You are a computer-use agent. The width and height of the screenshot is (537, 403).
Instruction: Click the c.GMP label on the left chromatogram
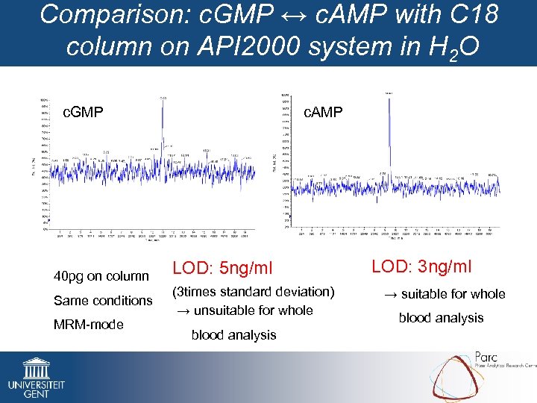coord(83,113)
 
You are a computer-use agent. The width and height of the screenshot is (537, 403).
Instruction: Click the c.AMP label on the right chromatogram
coord(322,112)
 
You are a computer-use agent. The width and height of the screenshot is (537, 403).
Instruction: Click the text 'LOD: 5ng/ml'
coord(223,267)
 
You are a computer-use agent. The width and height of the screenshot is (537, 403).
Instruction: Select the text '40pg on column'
coord(101,276)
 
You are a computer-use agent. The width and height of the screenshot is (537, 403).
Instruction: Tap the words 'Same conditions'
coord(103,301)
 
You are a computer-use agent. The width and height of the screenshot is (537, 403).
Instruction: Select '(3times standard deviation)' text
coord(254,292)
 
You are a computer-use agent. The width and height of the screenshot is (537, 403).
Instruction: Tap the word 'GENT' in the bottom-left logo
coord(25,394)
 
